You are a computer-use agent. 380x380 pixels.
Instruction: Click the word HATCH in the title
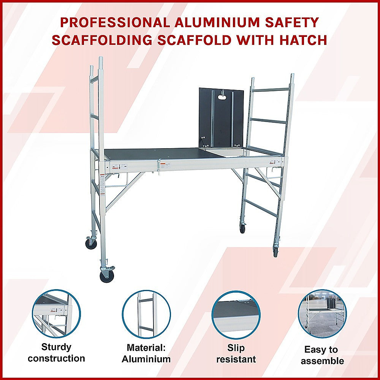(x=303, y=40)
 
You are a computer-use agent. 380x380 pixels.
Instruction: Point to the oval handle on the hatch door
(x=222, y=97)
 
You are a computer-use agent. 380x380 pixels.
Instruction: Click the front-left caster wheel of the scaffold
(x=107, y=274)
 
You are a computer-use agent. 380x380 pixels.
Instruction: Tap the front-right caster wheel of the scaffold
(x=276, y=252)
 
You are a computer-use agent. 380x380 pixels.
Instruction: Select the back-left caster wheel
(x=91, y=242)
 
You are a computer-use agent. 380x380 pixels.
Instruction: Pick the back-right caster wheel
(x=242, y=227)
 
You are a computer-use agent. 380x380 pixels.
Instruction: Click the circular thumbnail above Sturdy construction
(x=57, y=313)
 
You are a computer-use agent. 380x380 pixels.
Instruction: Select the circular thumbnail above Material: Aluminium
(x=146, y=314)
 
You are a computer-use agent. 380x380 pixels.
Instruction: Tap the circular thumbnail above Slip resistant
(x=236, y=315)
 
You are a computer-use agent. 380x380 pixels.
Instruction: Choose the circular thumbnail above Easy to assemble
(x=322, y=313)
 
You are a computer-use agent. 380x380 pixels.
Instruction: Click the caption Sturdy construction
(x=56, y=353)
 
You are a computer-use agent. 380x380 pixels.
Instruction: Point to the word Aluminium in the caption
(x=146, y=359)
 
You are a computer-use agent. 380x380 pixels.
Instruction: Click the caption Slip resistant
(x=236, y=353)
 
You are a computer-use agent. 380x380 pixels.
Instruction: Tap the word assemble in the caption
(x=322, y=361)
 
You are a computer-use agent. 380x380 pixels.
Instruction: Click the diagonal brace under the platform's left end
(x=124, y=191)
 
